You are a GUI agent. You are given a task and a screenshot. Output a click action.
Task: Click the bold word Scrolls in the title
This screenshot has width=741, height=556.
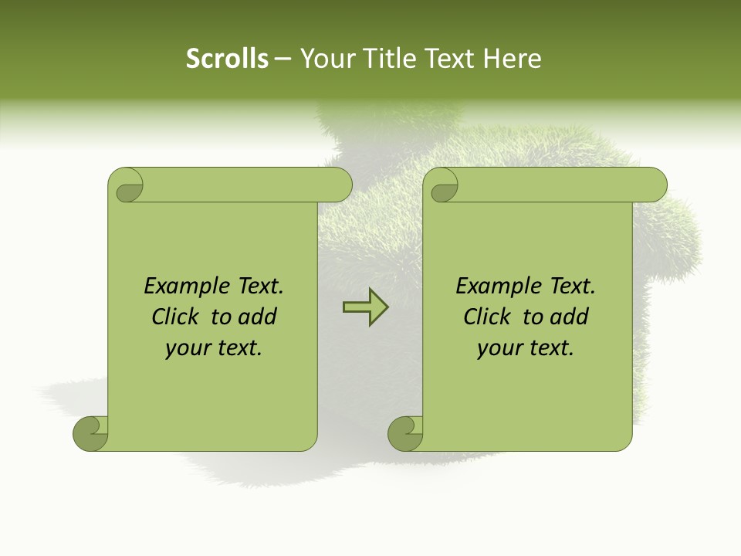pos(228,59)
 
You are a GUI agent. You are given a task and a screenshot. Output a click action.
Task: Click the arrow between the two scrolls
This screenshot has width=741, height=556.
pos(365,307)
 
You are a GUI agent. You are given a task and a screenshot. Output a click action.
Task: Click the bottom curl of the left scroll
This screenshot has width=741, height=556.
pos(91,433)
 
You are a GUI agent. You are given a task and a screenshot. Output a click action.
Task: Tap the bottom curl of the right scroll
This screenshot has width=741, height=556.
pos(406,433)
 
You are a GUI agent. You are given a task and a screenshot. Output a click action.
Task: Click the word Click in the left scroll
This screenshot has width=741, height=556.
pos(174,317)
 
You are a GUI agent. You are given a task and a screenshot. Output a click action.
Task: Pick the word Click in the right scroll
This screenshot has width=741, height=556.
pos(486,317)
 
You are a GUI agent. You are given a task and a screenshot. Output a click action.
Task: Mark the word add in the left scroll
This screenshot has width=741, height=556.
pos(259,317)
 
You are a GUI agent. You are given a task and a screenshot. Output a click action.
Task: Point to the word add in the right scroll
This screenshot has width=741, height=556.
pos(571,317)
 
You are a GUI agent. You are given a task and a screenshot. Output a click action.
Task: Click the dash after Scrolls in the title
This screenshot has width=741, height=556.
pos(283,59)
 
